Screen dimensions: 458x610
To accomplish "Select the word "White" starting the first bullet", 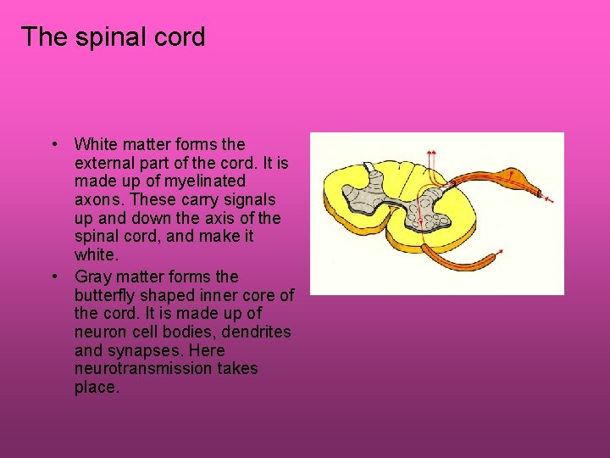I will coord(96,144).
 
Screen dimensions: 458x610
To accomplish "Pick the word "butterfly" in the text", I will coord(107,295).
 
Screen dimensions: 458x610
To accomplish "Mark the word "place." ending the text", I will coord(97,388).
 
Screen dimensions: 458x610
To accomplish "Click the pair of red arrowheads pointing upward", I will coord(431,154).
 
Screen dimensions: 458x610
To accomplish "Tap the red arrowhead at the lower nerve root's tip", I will coord(501,252).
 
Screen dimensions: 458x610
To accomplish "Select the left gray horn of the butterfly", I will coord(369,191).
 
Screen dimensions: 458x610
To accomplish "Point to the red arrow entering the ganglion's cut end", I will coord(548,198).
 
